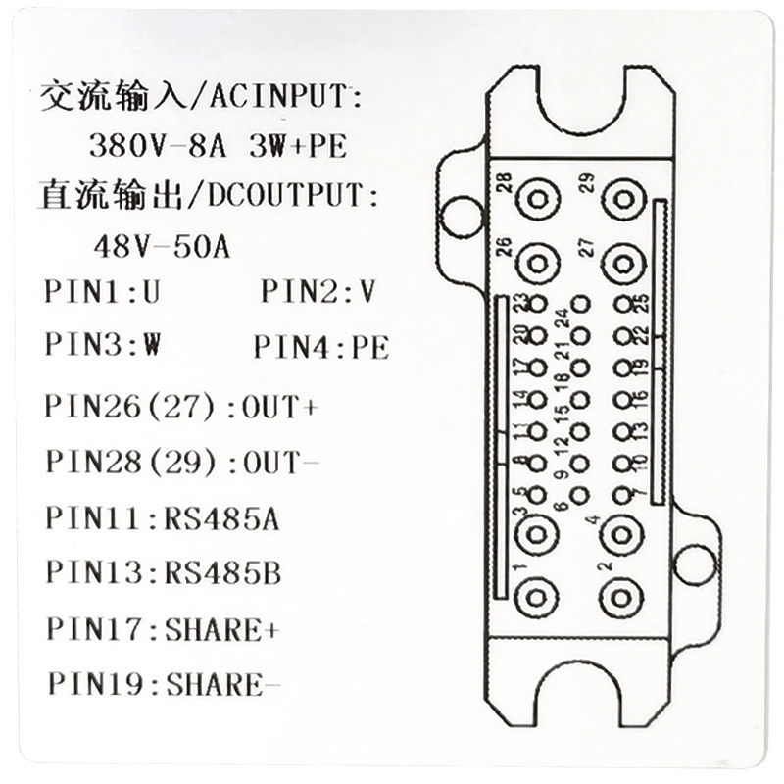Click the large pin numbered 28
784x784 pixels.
536,199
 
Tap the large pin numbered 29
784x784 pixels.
621,199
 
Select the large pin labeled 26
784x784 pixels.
536,262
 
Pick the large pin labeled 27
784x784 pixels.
621,262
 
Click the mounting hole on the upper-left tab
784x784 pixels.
459,215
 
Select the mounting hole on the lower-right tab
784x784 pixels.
695,564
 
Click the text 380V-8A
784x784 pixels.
157,148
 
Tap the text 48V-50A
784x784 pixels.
162,245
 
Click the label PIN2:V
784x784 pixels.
318,291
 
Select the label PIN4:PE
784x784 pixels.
320,347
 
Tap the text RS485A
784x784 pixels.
222,517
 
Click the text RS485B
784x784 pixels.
222,572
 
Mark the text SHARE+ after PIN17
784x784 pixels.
222,628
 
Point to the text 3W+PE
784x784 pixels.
298,148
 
